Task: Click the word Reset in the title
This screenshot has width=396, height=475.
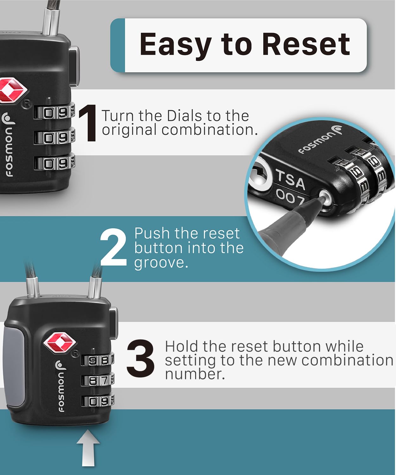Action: click(x=306, y=44)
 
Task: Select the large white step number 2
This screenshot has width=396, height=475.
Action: click(x=113, y=248)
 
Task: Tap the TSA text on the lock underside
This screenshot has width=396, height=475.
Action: click(x=291, y=180)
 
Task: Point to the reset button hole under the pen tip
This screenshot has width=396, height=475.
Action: click(x=325, y=196)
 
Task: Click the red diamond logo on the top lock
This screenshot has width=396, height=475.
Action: click(x=12, y=90)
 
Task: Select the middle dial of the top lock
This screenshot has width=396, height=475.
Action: click(x=54, y=137)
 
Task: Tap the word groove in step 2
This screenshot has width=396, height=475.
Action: click(x=161, y=263)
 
